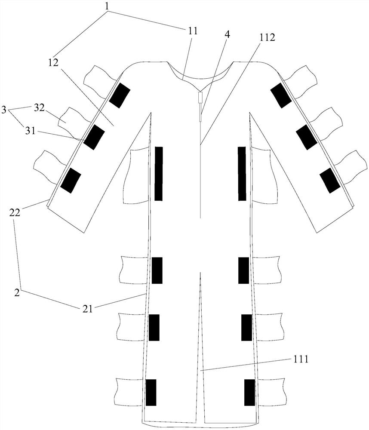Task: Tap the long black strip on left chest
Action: (159, 173)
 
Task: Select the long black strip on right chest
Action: (242, 173)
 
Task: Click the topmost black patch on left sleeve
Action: (120, 95)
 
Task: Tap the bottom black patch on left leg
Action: (151, 392)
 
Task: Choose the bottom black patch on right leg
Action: (249, 392)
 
